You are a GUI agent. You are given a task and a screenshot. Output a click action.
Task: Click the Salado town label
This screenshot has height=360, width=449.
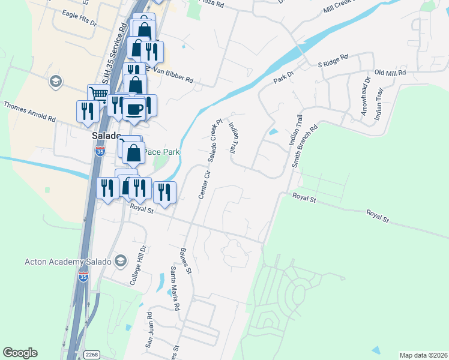[x=106, y=136]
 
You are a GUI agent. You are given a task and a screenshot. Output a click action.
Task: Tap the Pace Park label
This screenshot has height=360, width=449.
[x=161, y=152]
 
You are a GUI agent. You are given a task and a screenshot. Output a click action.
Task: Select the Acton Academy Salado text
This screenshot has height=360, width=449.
[x=67, y=262]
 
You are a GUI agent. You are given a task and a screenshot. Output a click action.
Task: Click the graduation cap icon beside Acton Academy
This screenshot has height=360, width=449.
[x=121, y=261]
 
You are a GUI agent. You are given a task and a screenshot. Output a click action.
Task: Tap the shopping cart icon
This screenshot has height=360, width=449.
[x=99, y=94]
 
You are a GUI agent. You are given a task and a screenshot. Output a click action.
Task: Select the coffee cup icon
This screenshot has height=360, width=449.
[x=133, y=109]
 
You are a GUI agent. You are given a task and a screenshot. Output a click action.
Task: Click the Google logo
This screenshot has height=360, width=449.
[x=20, y=353]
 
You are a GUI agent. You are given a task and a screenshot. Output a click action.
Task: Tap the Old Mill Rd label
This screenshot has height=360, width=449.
[x=390, y=73]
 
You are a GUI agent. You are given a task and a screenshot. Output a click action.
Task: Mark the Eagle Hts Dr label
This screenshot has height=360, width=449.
[x=74, y=20]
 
